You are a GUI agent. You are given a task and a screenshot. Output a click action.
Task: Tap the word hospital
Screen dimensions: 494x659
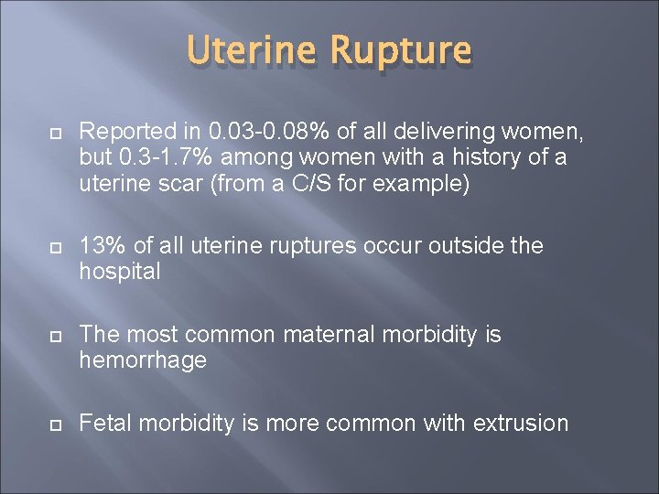coord(121,271)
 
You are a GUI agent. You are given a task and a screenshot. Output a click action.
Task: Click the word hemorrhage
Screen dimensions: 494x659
coord(143,360)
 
